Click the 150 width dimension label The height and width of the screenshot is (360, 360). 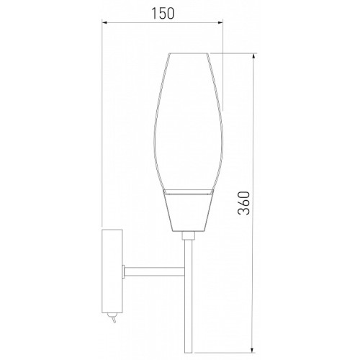click(x=163, y=14)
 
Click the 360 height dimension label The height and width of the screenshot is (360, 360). click(x=244, y=202)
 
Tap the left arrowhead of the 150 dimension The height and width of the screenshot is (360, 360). click(x=106, y=22)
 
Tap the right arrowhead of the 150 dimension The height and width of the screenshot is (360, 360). click(x=220, y=22)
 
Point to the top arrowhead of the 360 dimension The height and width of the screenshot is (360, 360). click(x=253, y=57)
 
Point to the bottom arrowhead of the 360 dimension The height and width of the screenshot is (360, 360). click(x=253, y=349)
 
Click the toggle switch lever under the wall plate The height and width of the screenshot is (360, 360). click(x=114, y=319)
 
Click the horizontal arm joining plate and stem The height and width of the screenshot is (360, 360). click(x=154, y=271)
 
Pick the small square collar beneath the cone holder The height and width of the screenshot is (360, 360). click(x=188, y=235)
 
